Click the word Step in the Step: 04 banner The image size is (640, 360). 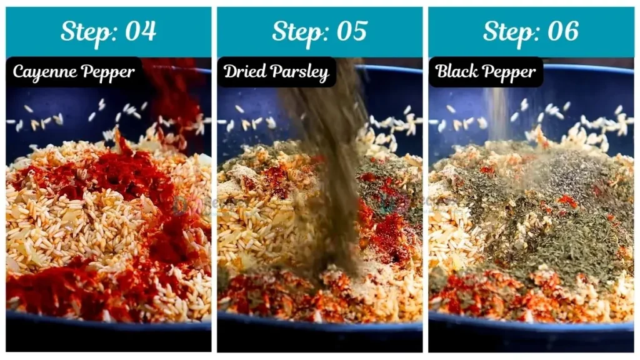click(84, 31)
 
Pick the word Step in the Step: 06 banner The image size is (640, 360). click(506, 31)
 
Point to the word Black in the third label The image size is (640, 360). click(457, 72)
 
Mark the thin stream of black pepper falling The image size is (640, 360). click(497, 112)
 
